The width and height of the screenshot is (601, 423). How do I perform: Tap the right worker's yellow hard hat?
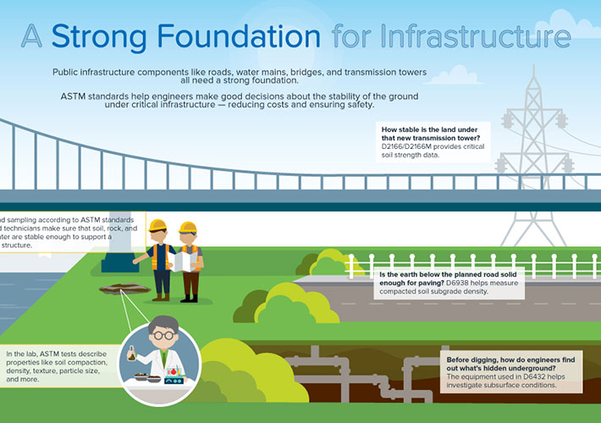tap(189, 228)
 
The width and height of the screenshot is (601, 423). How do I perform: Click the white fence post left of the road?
tap(348, 266)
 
